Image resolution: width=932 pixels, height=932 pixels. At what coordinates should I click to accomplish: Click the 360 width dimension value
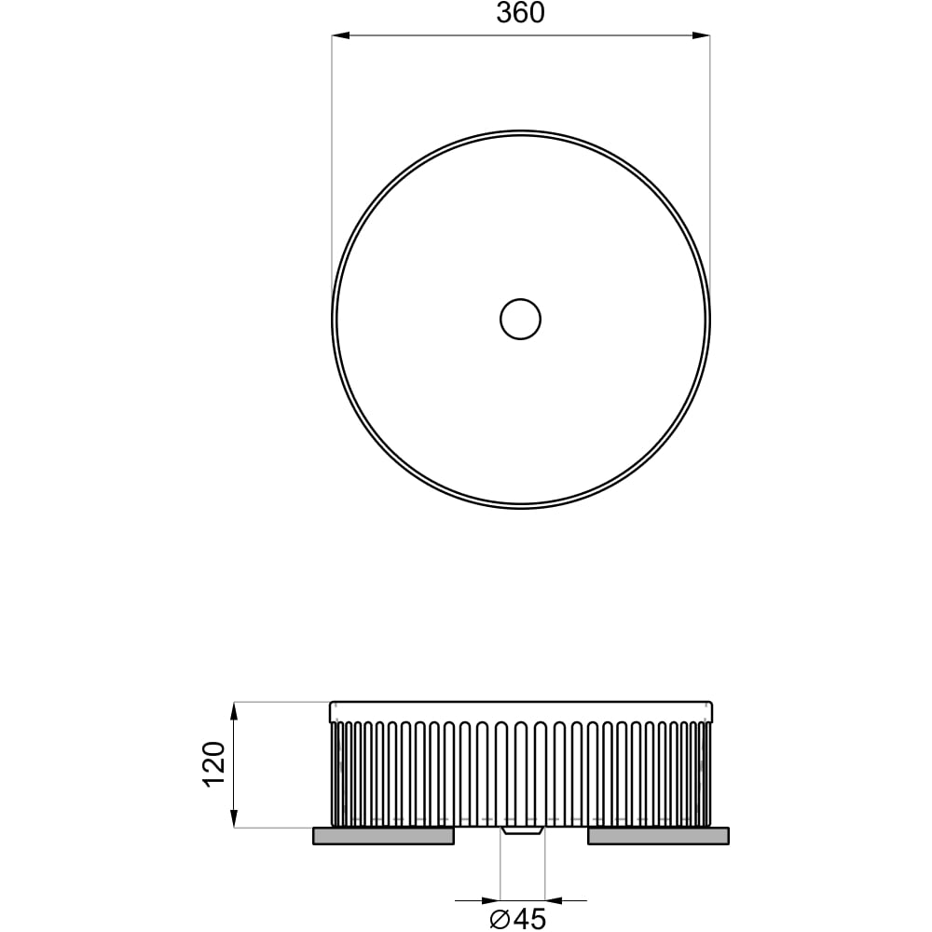tap(520, 13)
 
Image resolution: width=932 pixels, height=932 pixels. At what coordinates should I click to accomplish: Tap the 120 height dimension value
tap(214, 764)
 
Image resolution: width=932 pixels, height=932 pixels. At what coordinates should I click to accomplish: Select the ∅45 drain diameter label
tap(517, 919)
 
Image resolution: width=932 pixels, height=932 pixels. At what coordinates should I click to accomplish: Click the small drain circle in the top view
tap(520, 319)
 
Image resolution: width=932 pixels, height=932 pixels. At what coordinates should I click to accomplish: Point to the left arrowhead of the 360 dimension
tap(340, 35)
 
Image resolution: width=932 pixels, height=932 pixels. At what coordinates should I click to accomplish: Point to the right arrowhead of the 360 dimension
tap(702, 35)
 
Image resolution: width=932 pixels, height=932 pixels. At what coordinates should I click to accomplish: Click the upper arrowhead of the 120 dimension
tap(234, 711)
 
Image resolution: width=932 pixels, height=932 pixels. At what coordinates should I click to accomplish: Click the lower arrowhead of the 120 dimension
tap(234, 818)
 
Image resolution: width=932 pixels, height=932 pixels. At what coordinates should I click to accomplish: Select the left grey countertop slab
tap(383, 836)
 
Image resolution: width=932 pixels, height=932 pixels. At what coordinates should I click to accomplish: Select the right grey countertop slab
tap(658, 836)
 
